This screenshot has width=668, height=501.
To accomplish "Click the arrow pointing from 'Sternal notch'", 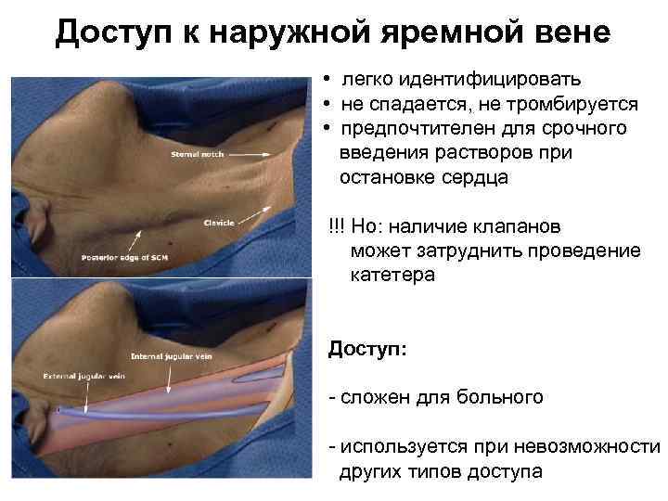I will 243,148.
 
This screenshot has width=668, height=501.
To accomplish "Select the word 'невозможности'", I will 594,448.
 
